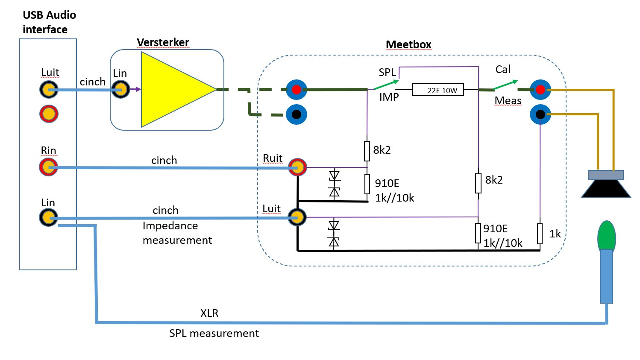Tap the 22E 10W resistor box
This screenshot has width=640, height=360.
(437, 90)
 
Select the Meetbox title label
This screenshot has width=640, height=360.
(408, 45)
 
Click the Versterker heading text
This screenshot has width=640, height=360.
(163, 43)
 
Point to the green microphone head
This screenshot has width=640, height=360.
(607, 235)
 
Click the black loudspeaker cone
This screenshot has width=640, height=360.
(606, 189)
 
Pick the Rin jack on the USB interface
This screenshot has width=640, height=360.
(49, 167)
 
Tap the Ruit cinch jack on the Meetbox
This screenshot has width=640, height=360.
(297, 167)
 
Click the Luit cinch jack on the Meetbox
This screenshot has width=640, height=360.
(297, 217)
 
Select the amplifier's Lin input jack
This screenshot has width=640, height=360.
(120, 90)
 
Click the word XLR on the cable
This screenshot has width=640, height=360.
(209, 313)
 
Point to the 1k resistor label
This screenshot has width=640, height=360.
(555, 234)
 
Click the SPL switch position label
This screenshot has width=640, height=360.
(387, 73)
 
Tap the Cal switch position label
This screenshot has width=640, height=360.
(503, 70)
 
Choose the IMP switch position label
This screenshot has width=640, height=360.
(389, 97)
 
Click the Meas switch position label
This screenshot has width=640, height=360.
(508, 101)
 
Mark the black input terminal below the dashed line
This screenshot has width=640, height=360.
(297, 114)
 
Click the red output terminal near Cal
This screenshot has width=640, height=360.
(540, 90)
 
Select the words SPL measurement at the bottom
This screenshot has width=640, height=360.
(214, 334)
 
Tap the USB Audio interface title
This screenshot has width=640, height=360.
(49, 22)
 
